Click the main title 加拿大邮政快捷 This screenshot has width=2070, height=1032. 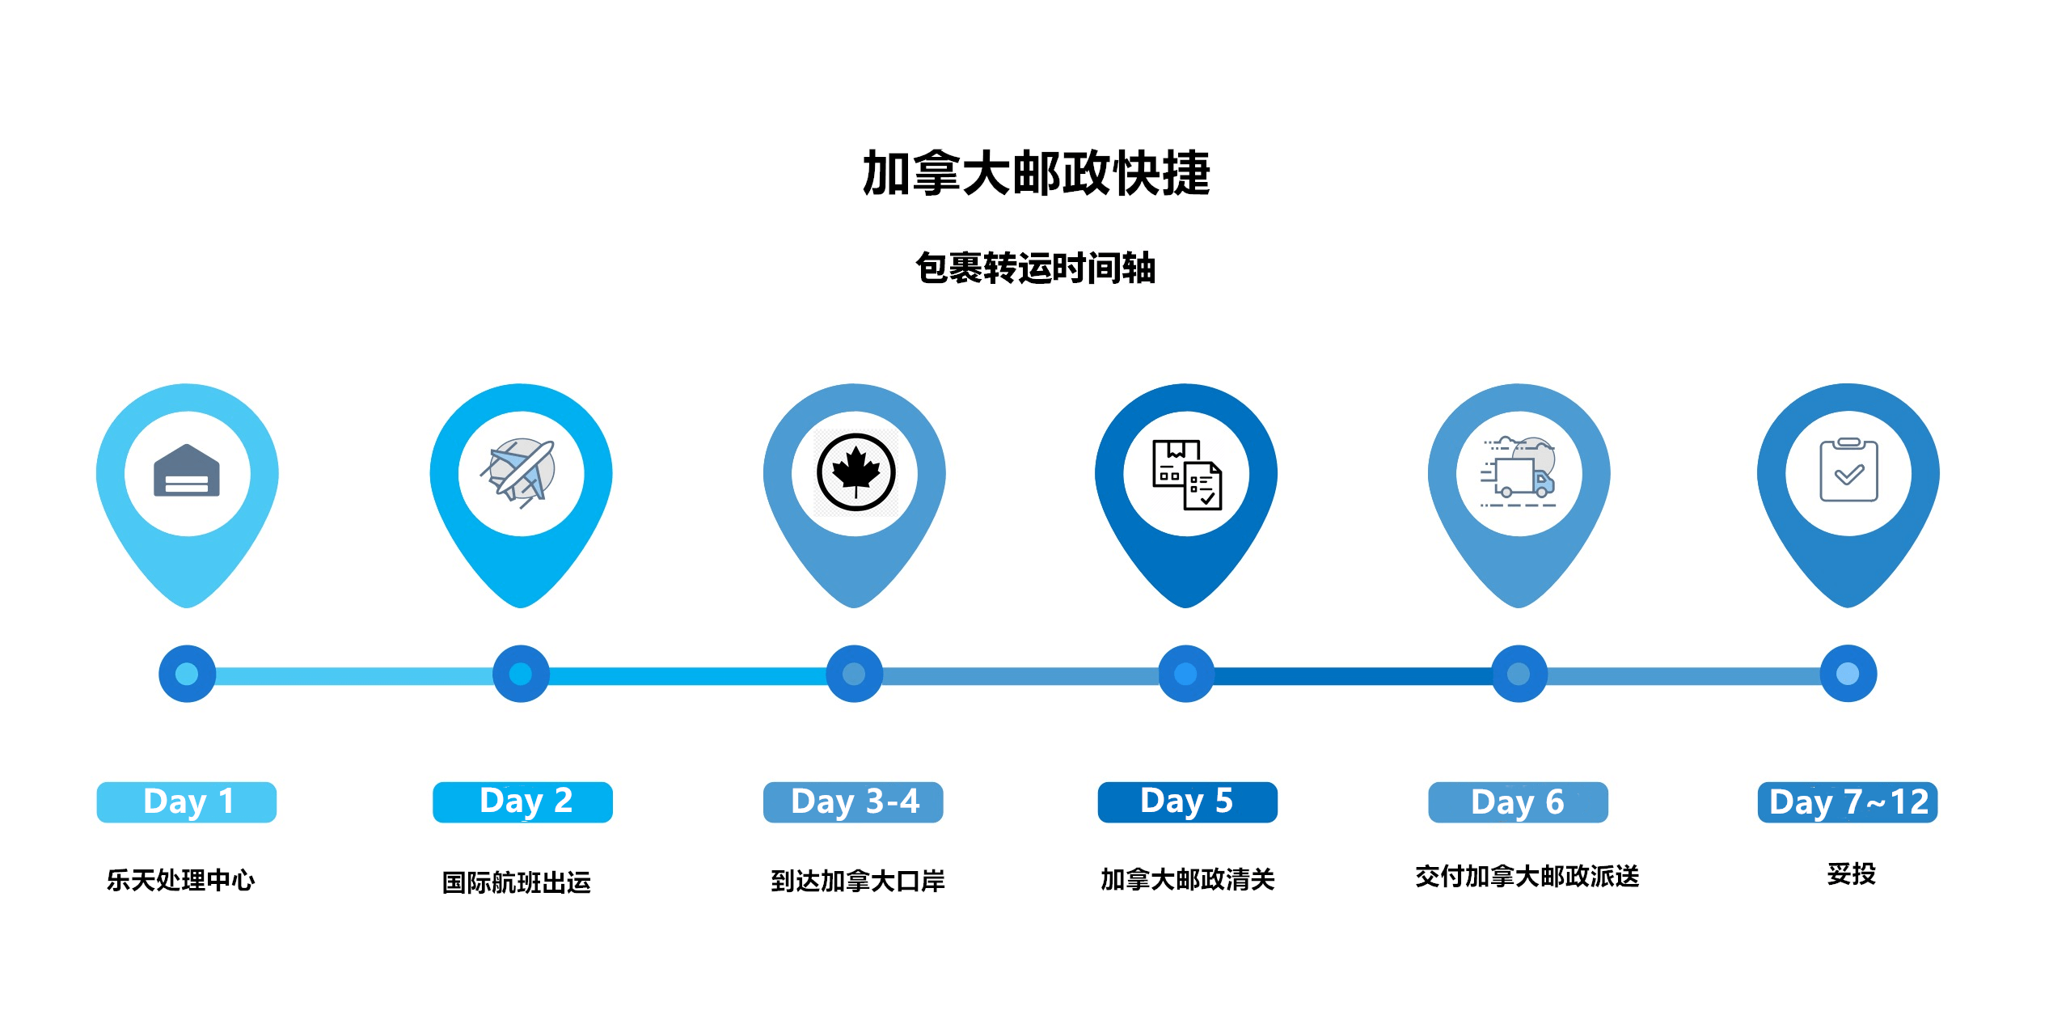[1036, 173]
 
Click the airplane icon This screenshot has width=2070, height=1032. [518, 473]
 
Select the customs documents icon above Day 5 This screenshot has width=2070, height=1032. [1187, 475]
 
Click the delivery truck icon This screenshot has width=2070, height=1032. [1519, 472]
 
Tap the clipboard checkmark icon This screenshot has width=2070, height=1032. [1848, 470]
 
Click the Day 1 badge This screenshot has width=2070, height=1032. [187, 802]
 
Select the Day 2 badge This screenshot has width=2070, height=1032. [522, 802]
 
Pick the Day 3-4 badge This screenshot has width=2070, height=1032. [853, 802]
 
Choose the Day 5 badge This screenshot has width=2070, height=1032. [1187, 802]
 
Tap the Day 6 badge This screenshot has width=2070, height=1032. [1518, 802]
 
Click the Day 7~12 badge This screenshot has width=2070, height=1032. [1848, 802]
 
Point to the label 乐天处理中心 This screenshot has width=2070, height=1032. [180, 879]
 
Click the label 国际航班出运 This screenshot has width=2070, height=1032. [517, 882]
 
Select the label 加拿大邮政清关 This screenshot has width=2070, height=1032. [1187, 879]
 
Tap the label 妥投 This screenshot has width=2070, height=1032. [1851, 873]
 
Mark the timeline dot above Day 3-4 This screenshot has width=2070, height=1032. [854, 674]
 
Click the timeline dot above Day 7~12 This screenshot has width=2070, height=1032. [1848, 674]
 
